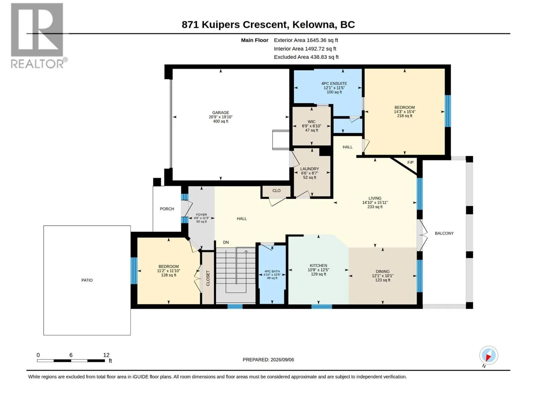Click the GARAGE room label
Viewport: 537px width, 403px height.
(x=221, y=113)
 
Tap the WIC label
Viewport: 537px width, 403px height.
(x=311, y=122)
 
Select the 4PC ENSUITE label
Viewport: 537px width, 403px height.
(x=334, y=83)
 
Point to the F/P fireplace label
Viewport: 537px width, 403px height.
(x=410, y=163)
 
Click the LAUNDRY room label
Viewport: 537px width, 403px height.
(x=309, y=169)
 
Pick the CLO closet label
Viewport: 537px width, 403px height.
(x=277, y=191)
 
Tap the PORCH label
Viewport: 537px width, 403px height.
(x=167, y=209)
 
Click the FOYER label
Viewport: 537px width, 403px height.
(x=201, y=215)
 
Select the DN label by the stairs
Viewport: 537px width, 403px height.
(x=226, y=242)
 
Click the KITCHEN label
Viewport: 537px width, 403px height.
(x=318, y=266)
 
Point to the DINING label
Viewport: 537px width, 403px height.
(x=383, y=271)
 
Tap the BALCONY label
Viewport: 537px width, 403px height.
(x=444, y=233)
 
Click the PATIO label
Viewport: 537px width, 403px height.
(x=87, y=280)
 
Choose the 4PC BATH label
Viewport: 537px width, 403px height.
(x=272, y=271)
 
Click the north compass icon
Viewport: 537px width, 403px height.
(x=489, y=355)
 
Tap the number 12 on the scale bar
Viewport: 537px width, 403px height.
(x=106, y=355)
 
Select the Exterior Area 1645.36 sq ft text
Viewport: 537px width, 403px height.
(x=306, y=40)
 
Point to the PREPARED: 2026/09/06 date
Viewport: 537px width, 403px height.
(x=268, y=360)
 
